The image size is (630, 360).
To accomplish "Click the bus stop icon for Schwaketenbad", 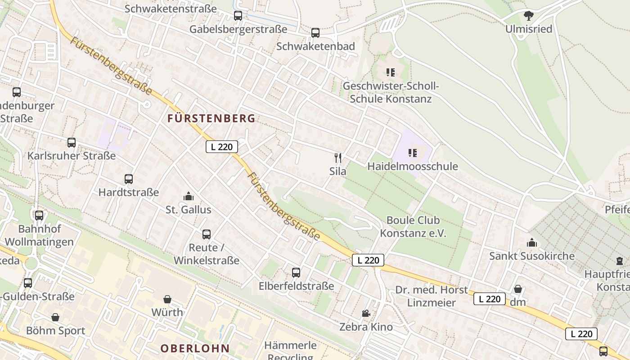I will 315,33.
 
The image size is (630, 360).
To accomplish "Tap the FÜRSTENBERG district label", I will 211,119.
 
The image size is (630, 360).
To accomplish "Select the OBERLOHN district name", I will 195,348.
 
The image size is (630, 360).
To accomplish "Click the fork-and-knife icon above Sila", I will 338,157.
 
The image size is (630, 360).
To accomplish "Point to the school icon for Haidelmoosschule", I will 413,153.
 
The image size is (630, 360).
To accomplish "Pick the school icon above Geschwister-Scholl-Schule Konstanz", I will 391,72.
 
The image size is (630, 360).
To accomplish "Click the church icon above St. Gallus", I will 189,196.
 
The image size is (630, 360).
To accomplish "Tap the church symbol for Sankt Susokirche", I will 532,243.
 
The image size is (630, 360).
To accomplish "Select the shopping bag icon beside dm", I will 518,289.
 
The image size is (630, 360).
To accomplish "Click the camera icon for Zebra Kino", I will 366,313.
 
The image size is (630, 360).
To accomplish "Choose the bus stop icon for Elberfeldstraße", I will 296,272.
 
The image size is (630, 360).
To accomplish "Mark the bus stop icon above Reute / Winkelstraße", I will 207,234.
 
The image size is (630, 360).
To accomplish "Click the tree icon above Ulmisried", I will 529,16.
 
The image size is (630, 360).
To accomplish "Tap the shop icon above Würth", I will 167,299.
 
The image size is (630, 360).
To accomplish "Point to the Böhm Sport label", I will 56,331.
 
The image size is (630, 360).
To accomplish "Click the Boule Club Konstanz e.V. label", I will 413,227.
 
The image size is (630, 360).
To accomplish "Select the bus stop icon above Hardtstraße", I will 129,179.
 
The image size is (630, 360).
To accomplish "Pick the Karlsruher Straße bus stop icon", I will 72,143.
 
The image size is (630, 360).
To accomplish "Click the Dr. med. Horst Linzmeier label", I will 432,296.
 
